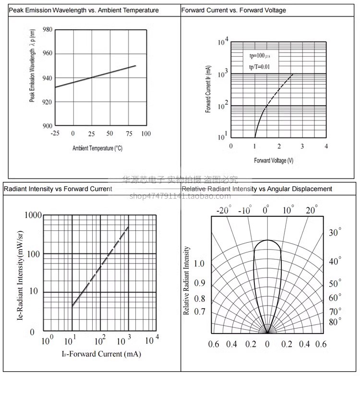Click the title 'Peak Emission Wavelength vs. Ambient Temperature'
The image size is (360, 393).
point(84,10)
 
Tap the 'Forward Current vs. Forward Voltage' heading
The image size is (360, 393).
point(233,10)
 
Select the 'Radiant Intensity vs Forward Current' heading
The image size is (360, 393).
point(58,189)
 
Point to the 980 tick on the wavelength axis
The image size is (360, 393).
point(47,30)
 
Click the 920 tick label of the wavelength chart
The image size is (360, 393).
point(47,102)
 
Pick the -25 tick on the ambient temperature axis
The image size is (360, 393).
point(55,133)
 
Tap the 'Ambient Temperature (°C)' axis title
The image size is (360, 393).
point(97,148)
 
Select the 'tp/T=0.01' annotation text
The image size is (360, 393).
point(259,67)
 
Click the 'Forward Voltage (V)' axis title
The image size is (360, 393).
point(274,160)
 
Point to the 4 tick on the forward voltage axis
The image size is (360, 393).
point(326,146)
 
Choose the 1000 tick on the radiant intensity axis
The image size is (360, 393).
point(33,215)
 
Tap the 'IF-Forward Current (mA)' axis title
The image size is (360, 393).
point(101,354)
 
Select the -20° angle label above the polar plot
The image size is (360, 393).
point(224,210)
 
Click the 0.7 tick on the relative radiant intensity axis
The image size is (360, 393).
point(199,312)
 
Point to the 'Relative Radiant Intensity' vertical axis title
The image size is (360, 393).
point(187,281)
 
